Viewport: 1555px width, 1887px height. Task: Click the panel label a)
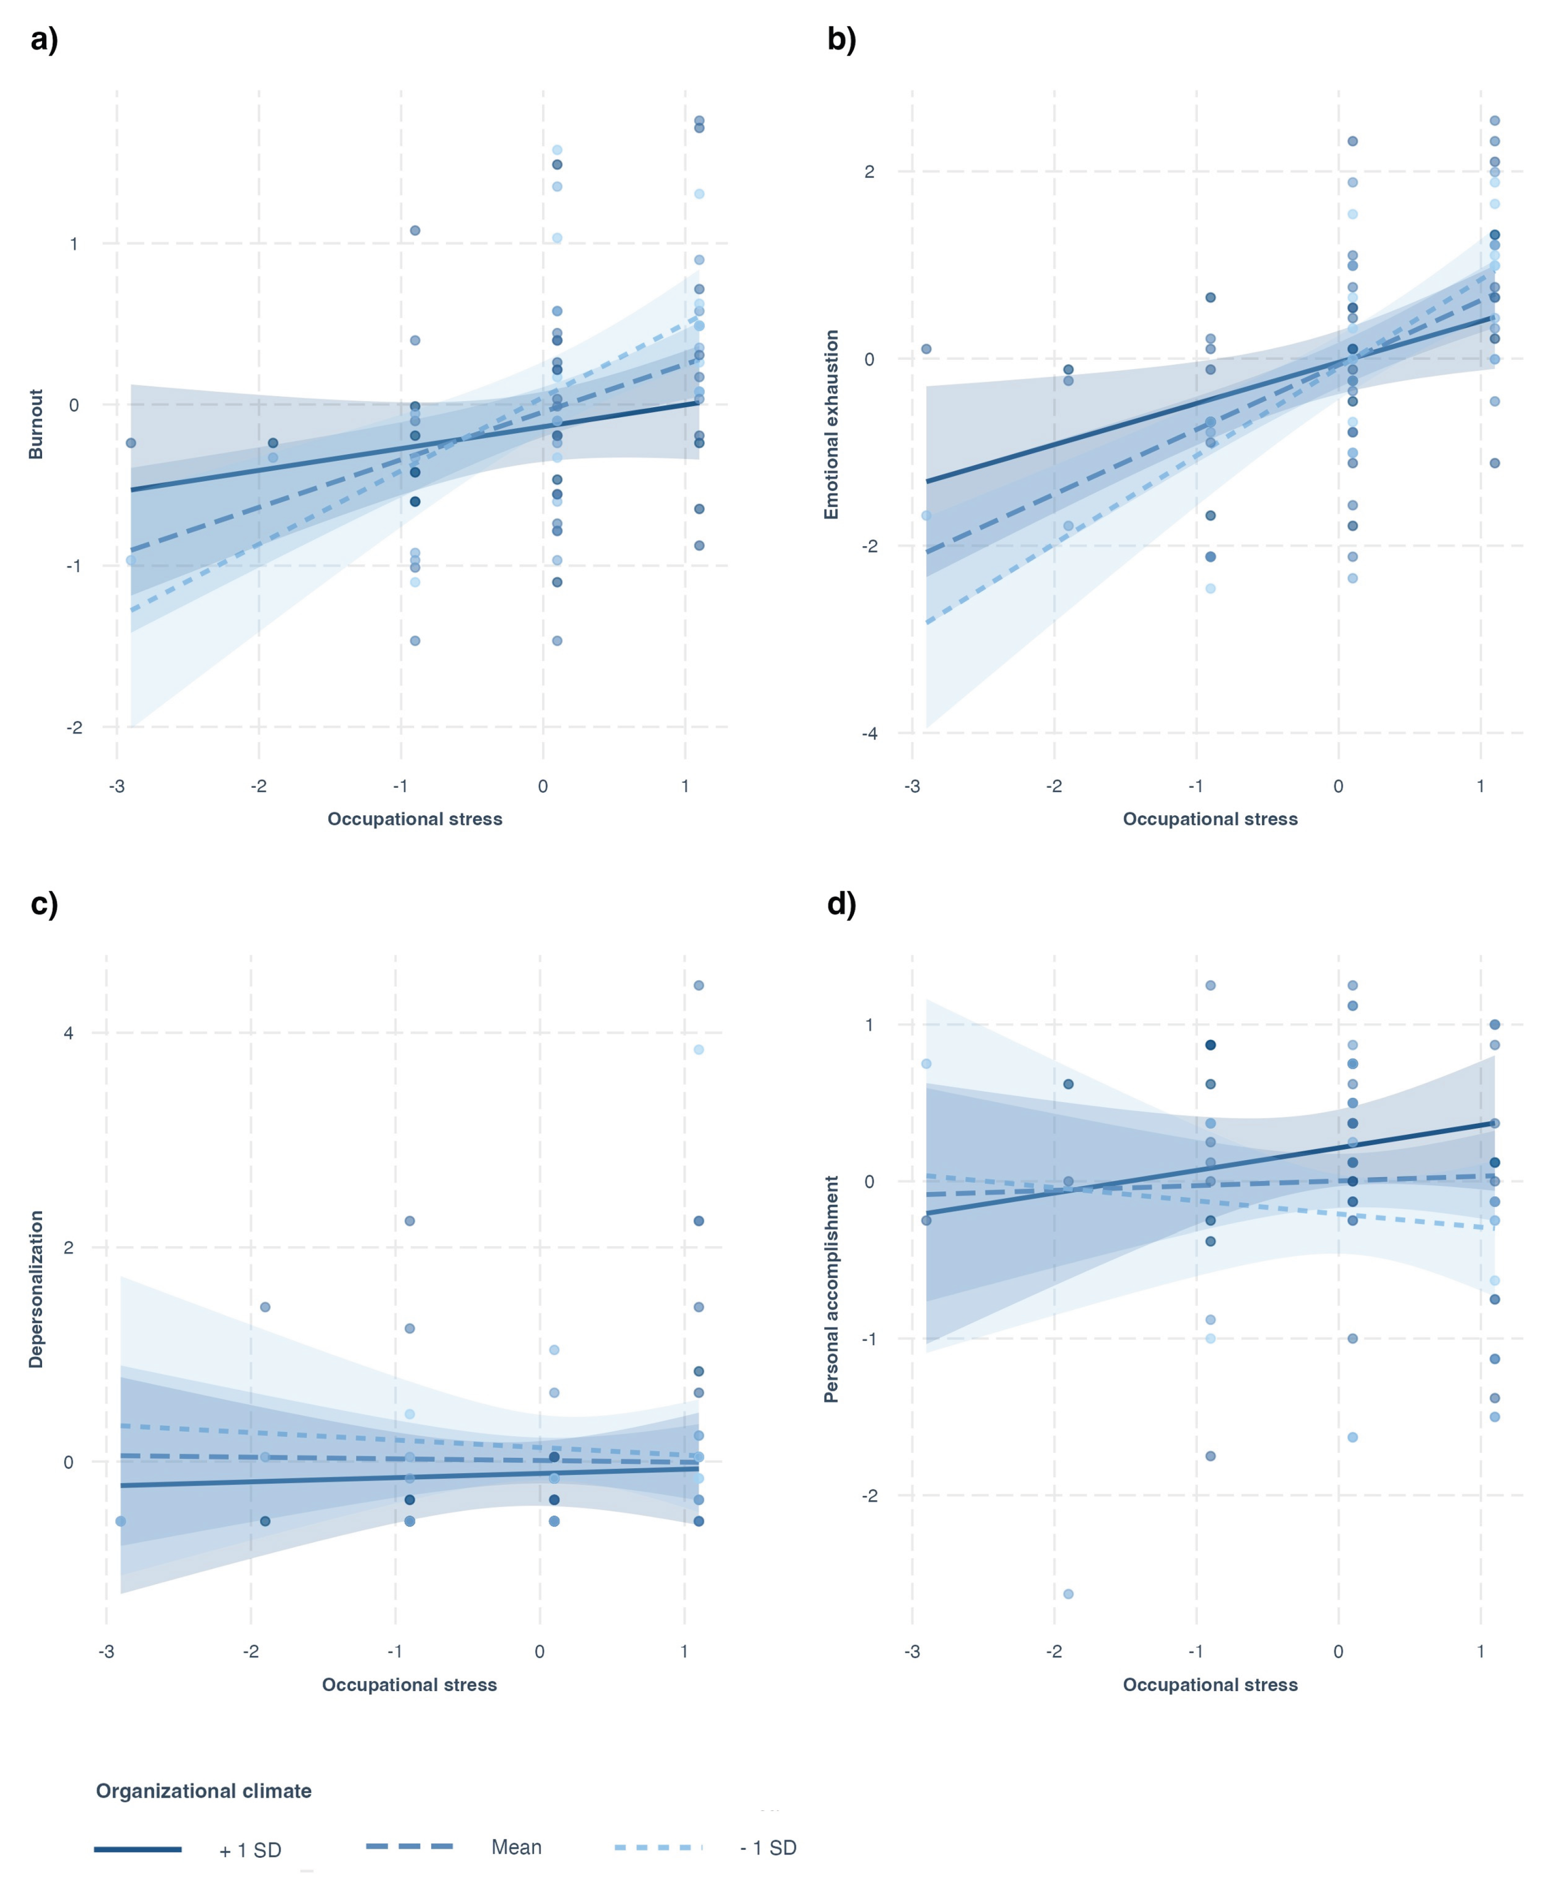coord(44,40)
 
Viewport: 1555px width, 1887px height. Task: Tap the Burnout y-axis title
coord(36,423)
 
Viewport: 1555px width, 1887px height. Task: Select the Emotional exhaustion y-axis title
coord(831,423)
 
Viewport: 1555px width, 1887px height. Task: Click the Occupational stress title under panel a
coord(415,819)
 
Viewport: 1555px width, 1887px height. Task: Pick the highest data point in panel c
coord(699,985)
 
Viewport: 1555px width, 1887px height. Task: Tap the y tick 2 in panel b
coord(869,172)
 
